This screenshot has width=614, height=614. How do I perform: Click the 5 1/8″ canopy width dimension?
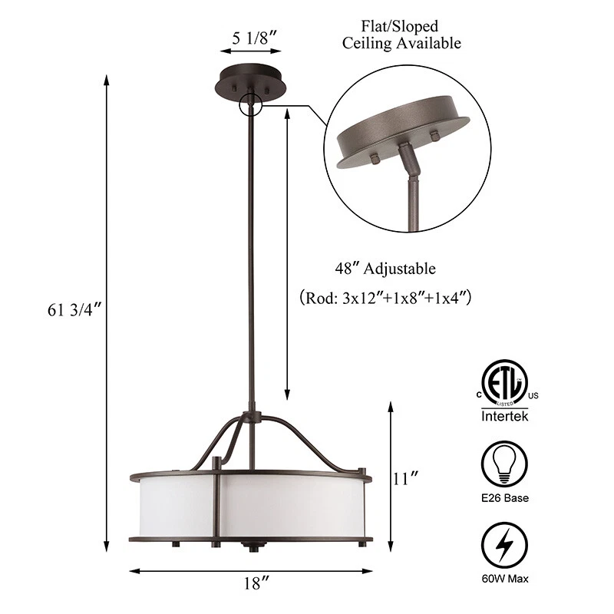pos(255,38)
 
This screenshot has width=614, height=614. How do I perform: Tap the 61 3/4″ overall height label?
pos(74,310)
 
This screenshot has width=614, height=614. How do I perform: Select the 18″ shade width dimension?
pos(257,583)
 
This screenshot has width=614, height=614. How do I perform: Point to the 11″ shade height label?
pos(405,478)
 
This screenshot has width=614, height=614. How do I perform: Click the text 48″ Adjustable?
pos(385,269)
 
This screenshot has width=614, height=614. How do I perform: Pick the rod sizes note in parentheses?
pos(385,298)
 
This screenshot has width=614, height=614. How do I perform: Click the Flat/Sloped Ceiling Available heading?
pos(401,35)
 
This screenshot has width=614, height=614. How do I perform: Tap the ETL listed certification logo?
pos(505,384)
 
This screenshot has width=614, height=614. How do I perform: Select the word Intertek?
pos(505,415)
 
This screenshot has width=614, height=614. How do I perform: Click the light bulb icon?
pos(504,464)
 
